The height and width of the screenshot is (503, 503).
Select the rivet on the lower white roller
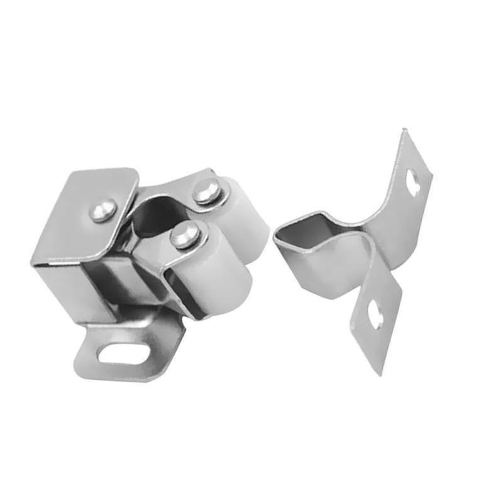coord(184,236)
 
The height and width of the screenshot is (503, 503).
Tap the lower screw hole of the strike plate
coord(376,312)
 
